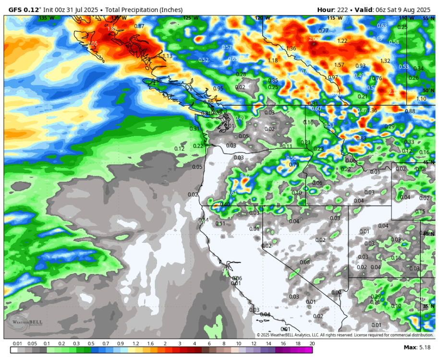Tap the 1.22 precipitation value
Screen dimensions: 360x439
coord(342,41)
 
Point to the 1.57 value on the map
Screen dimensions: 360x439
coord(339,65)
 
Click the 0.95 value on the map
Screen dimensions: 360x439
coord(218,88)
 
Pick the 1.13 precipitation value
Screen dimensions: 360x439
coord(167,56)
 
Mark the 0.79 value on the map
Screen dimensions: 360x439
coord(294,165)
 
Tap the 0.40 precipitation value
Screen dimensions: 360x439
coord(225,204)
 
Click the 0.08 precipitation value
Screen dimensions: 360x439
coord(305,262)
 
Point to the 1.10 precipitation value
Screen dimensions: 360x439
coord(421,99)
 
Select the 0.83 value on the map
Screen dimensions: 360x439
coord(361,138)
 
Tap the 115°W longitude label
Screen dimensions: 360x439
coord(335,18)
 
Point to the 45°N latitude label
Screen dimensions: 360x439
coord(428,162)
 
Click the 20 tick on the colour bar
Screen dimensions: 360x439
coord(312,344)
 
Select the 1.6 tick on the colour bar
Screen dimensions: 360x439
coord(150,344)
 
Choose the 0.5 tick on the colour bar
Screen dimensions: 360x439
coord(92,344)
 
